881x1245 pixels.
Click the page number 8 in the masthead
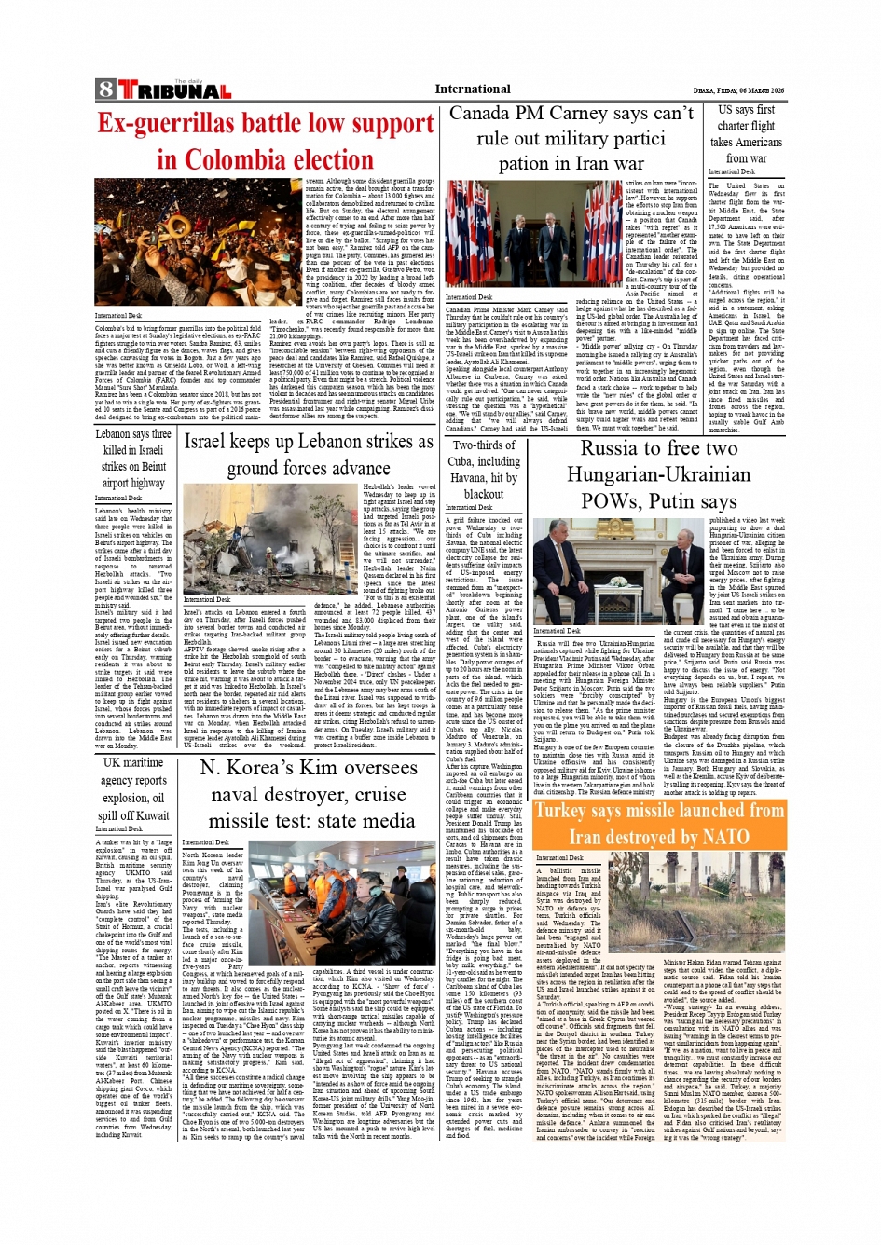pyautogui.click(x=105, y=89)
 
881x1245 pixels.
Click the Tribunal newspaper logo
pyautogui.click(x=173, y=90)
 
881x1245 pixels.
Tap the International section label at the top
pyautogui.click(x=472, y=89)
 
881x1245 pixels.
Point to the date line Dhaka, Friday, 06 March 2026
pyautogui.click(x=738, y=90)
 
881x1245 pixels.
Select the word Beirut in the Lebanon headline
pyautogui.click(x=147, y=466)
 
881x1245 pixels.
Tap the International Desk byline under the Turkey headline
pyautogui.click(x=560, y=858)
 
